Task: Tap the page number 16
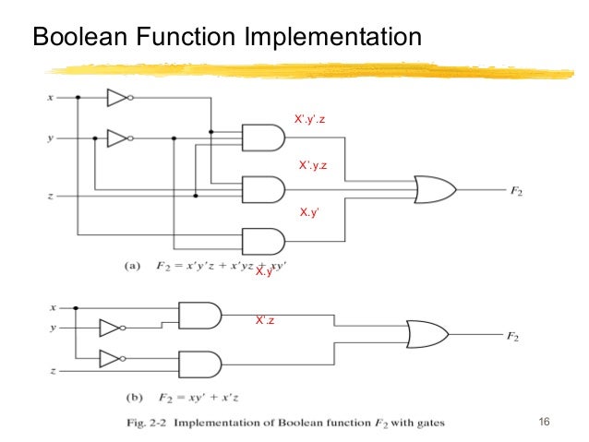543,423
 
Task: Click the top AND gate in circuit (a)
262,138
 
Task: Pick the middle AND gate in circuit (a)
262,189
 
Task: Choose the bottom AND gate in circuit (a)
262,241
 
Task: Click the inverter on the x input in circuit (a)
119,97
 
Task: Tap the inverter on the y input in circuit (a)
119,138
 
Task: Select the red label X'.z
266,319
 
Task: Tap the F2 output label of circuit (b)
511,337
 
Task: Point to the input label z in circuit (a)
50,196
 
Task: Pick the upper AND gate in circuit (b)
199,316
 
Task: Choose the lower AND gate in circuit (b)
199,362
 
